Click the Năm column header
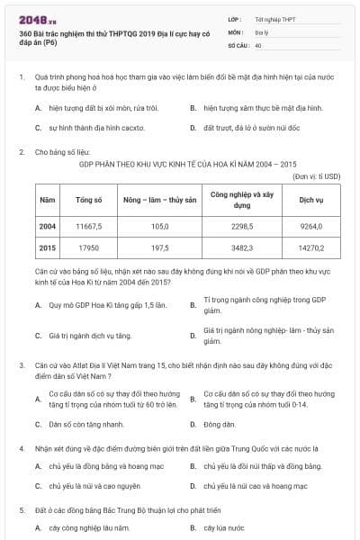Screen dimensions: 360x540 pyautogui.click(x=48, y=197)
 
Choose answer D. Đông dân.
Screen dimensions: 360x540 pyautogui.click(x=219, y=424)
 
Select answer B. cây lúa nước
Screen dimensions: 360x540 pyautogui.click(x=224, y=528)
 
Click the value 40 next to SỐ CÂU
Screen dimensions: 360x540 pyautogui.click(x=258, y=44)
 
